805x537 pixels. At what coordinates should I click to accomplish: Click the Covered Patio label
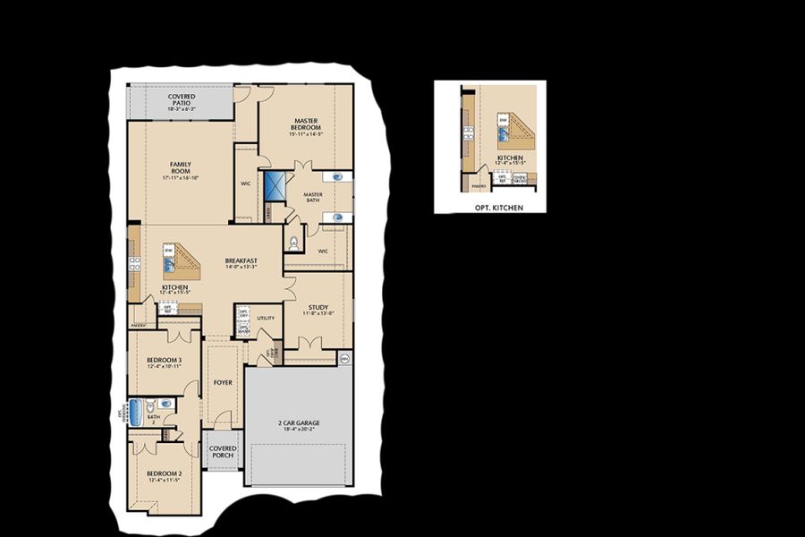(181, 99)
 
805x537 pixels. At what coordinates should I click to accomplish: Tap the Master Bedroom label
(306, 124)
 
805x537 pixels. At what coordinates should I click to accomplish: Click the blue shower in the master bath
(274, 185)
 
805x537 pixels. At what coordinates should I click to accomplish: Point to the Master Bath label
(313, 196)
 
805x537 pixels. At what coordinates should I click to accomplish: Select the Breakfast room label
(241, 261)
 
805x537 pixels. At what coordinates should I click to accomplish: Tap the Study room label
(318, 308)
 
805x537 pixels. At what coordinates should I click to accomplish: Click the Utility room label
(266, 318)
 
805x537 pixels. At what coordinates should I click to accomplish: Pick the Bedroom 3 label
(165, 361)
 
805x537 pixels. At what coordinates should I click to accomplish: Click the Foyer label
(223, 382)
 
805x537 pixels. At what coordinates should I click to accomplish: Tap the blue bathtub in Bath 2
(136, 413)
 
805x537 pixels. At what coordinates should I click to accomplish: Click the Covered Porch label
(223, 451)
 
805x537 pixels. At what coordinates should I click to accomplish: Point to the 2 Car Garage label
(299, 423)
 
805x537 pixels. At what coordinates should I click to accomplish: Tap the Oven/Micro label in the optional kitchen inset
(519, 178)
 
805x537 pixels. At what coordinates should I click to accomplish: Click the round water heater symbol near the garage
(344, 358)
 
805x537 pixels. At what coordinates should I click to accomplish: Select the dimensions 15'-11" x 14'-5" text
(306, 134)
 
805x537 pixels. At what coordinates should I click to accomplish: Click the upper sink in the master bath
(337, 177)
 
